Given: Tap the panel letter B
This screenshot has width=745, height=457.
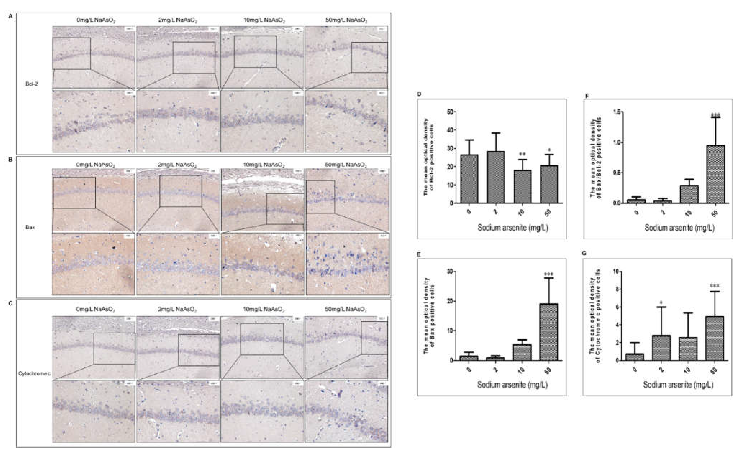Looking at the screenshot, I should pos(11,159).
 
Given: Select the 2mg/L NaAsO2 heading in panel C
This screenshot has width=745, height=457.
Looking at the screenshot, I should pos(178,310).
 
